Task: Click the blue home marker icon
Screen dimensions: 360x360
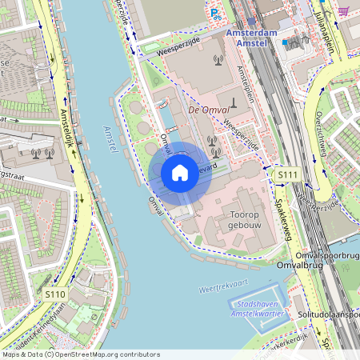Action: pyautogui.click(x=180, y=173)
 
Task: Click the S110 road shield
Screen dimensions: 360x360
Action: pyautogui.click(x=55, y=294)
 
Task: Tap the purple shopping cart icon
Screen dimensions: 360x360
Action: pyautogui.click(x=342, y=11)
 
